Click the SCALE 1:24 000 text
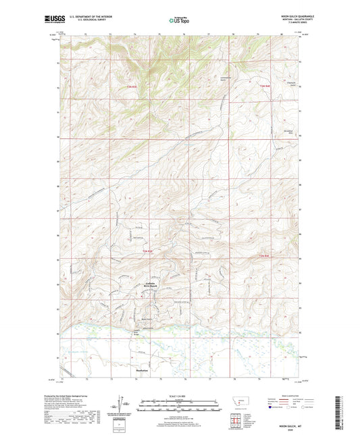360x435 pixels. [x=179, y=396]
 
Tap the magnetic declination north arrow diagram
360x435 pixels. [x=126, y=405]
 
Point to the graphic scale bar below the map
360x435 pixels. [x=179, y=405]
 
